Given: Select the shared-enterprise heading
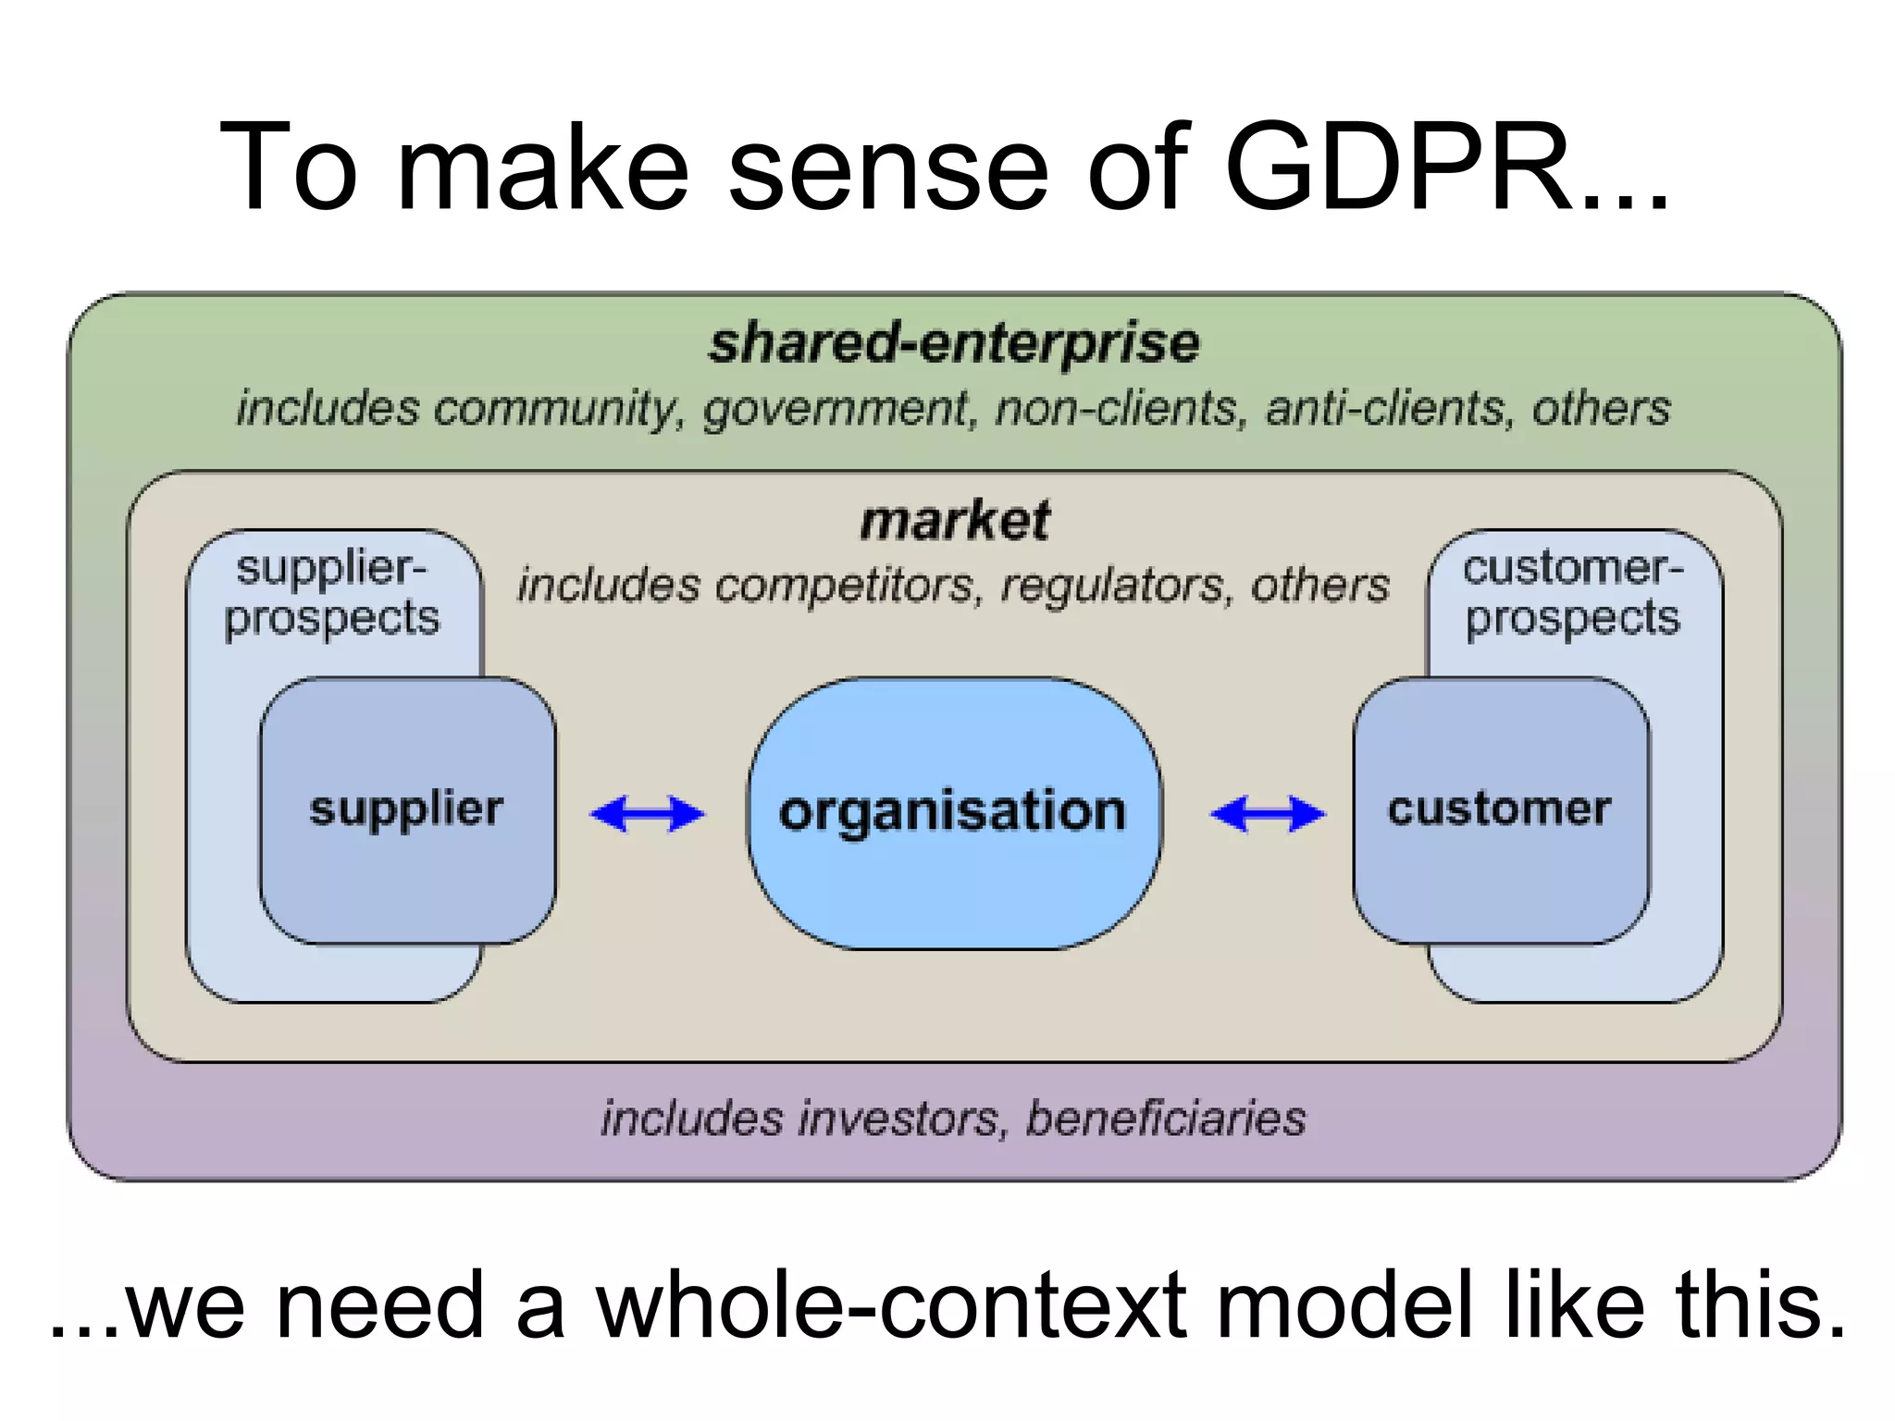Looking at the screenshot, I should coord(954,342).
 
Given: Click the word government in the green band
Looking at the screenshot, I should coord(835,409).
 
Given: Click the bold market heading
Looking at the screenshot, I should coord(955,521).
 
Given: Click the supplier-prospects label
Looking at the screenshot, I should coord(331,592).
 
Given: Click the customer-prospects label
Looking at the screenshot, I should coord(1572,592).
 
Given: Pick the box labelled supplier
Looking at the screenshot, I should coord(407,809).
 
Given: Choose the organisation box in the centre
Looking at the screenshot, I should coord(953,812).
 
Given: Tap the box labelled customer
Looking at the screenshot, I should coord(1499,809).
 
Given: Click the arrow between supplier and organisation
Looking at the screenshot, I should coord(648,814).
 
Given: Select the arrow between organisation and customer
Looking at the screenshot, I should coord(1268,814).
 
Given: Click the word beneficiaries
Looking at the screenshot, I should coord(1166,1118).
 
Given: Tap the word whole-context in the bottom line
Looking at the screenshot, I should coord(890,1304).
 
